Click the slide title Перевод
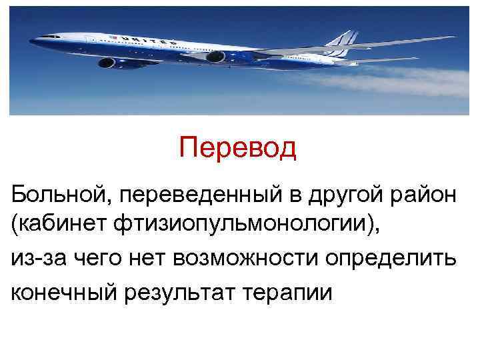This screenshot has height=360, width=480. [x=237, y=149]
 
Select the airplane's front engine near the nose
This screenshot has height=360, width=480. [x=108, y=63]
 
